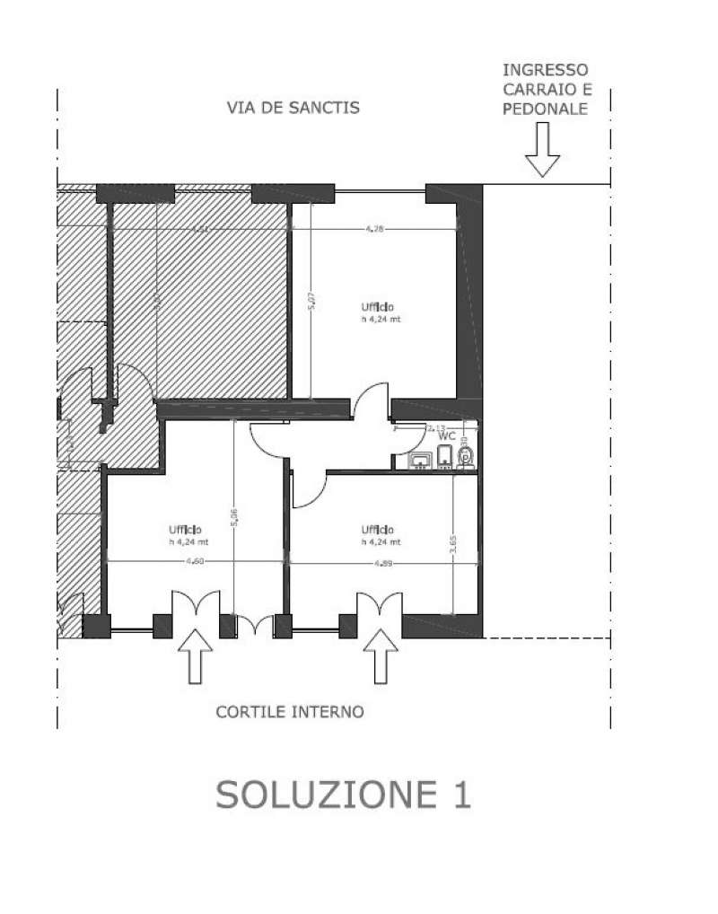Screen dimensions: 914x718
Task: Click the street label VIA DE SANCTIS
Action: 292,108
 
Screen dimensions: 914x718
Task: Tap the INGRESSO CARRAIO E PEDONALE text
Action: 545,89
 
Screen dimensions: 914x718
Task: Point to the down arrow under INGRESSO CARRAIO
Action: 542,150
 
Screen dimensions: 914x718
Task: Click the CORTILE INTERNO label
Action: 302,712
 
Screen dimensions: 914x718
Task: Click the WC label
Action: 446,435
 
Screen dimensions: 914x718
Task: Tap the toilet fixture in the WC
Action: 465,457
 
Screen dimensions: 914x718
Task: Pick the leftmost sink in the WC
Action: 420,461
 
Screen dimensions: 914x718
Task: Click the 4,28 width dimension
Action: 374,230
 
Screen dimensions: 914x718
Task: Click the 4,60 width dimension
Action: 193,562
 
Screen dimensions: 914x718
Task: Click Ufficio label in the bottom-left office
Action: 183,529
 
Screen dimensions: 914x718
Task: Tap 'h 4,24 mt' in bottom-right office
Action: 381,541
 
